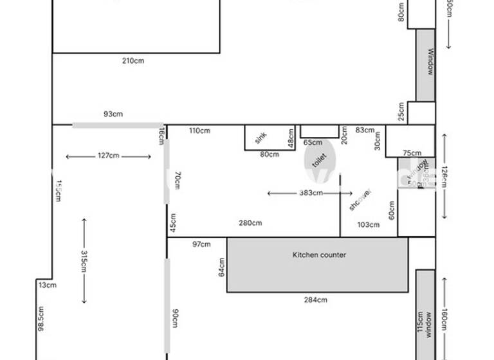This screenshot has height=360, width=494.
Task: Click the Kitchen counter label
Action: pos(319,255)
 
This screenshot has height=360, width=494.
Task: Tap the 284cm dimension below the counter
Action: pos(315,300)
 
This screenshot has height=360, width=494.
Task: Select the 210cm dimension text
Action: pos(133,61)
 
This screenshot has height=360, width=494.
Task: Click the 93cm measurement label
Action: pos(113,114)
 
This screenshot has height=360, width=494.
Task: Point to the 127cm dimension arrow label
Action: pos(108,156)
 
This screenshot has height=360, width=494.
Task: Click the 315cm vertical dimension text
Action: pos(84,261)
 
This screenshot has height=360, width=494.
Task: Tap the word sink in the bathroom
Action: pos(261,138)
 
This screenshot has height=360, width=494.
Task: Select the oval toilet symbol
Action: pos(320,160)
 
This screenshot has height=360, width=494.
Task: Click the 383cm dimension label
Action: pos(311,193)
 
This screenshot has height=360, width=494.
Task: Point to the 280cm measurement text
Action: pos(250,223)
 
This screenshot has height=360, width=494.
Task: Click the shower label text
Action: pos(360,199)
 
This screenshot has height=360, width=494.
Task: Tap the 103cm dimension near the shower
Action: pos(368,224)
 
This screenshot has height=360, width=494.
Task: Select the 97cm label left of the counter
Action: pos(201,244)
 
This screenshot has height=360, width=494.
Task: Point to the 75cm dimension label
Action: pos(412,153)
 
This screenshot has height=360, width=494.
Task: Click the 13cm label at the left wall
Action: pos(47,285)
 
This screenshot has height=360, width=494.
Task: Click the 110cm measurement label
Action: pos(199,131)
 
